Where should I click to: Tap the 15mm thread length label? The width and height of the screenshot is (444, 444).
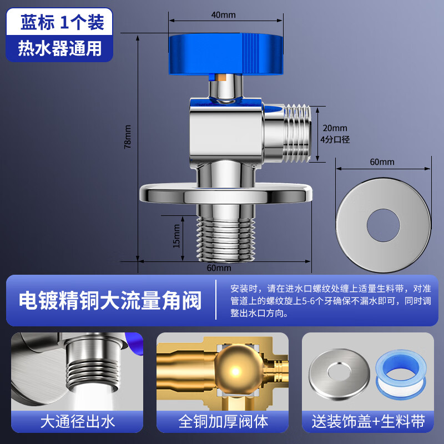(x=177, y=236)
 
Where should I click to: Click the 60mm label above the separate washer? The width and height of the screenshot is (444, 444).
(x=382, y=162)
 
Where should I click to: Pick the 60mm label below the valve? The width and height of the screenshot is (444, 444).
(x=219, y=268)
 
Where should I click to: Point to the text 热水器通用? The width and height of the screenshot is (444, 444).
(x=60, y=48)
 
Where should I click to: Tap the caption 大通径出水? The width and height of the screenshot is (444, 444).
(x=77, y=422)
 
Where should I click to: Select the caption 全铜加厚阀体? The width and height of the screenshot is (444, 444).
(x=223, y=422)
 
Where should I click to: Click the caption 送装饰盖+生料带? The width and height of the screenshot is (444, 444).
(x=367, y=422)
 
